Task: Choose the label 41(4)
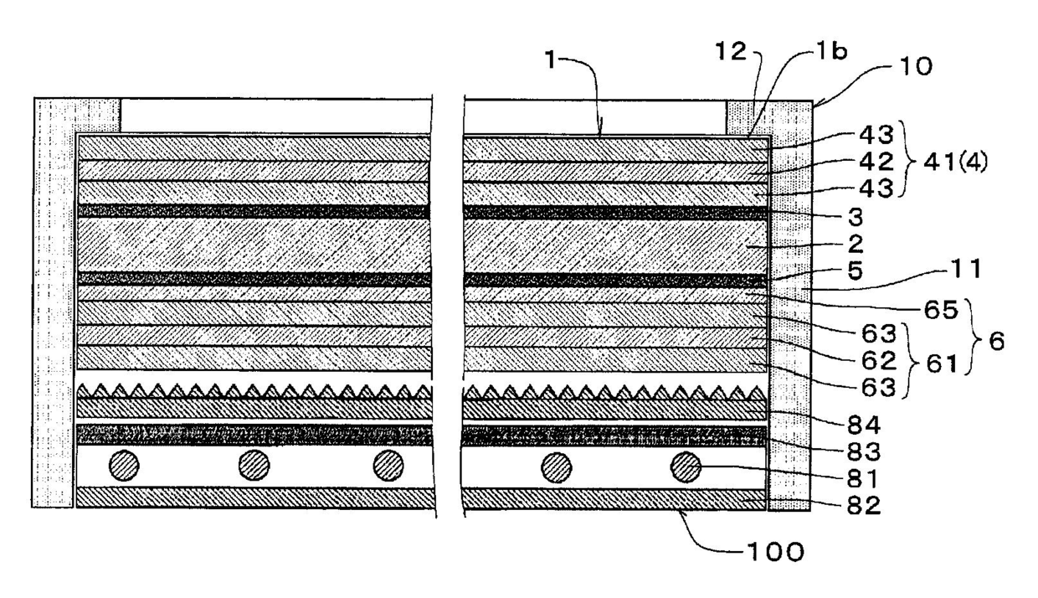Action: [956, 161]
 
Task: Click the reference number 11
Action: [957, 270]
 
